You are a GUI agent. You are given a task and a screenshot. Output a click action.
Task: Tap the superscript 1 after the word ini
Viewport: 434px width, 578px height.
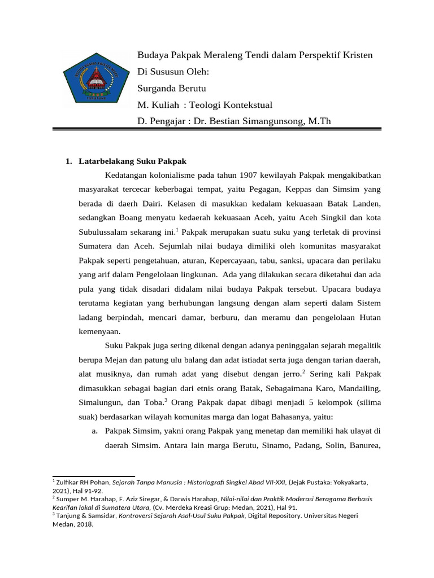click(177, 229)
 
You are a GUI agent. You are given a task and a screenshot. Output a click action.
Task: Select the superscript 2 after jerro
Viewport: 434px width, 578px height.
click(303, 371)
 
